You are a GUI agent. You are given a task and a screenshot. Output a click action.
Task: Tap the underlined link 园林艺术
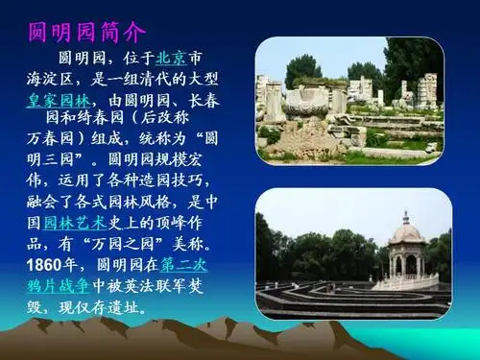[76, 222]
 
